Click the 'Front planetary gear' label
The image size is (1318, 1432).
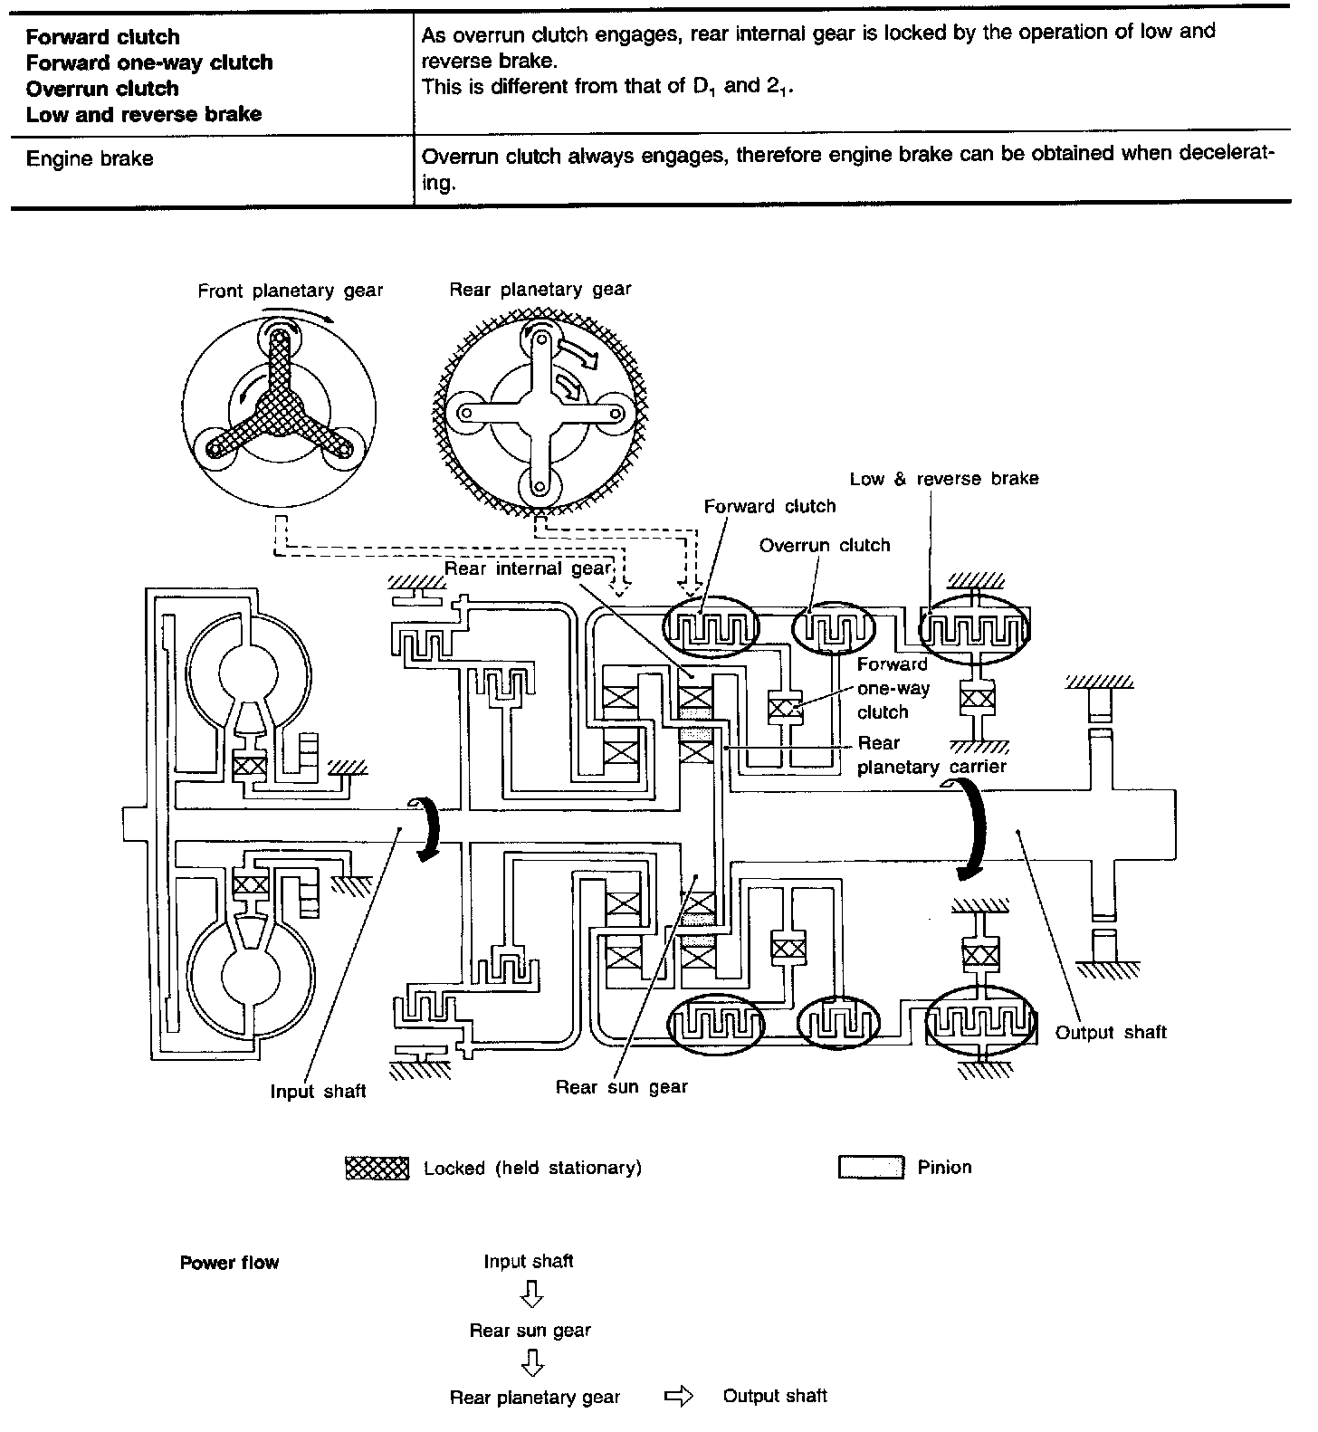point(290,291)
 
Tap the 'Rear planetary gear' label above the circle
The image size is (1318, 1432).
point(540,290)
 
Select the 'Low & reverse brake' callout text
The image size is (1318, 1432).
point(944,479)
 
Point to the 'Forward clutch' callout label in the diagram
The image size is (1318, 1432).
point(769,507)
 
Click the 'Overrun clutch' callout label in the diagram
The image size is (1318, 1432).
point(825,546)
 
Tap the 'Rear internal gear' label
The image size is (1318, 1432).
point(527,568)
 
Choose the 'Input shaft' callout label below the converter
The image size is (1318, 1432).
point(318,1092)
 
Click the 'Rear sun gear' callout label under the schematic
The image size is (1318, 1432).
point(621,1087)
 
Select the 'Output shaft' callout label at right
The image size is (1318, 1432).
point(1111,1033)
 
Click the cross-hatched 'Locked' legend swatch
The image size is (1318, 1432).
point(377,1168)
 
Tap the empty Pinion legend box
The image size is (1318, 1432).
point(871,1168)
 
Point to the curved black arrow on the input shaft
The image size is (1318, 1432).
point(427,827)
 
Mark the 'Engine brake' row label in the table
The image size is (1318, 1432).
point(90,159)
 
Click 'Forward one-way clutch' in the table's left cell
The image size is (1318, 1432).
point(149,62)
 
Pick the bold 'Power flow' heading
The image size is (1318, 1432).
point(229,1263)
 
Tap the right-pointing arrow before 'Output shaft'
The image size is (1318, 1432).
point(679,1398)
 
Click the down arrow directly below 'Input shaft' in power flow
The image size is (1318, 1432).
point(531,1297)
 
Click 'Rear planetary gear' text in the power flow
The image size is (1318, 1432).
point(534,1398)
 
